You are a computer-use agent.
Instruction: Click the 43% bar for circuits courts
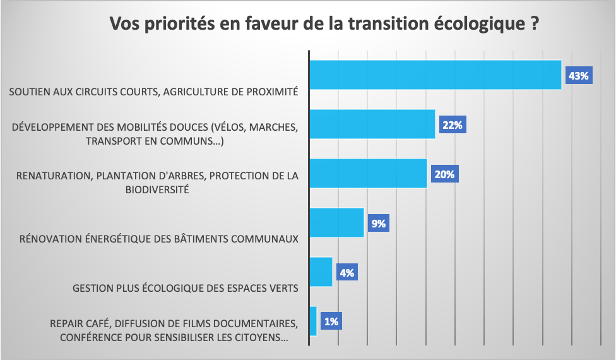435,75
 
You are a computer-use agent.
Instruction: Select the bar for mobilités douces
372,124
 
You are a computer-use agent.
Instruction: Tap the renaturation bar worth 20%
368,173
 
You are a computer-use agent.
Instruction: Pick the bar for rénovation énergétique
336,222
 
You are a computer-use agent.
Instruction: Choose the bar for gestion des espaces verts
321,272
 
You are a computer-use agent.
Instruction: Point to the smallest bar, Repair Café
313,321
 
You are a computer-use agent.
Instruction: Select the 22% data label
453,125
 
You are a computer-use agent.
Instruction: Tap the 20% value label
444,174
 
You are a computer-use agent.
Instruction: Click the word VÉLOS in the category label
233,128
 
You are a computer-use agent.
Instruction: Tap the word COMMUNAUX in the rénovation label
266,239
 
